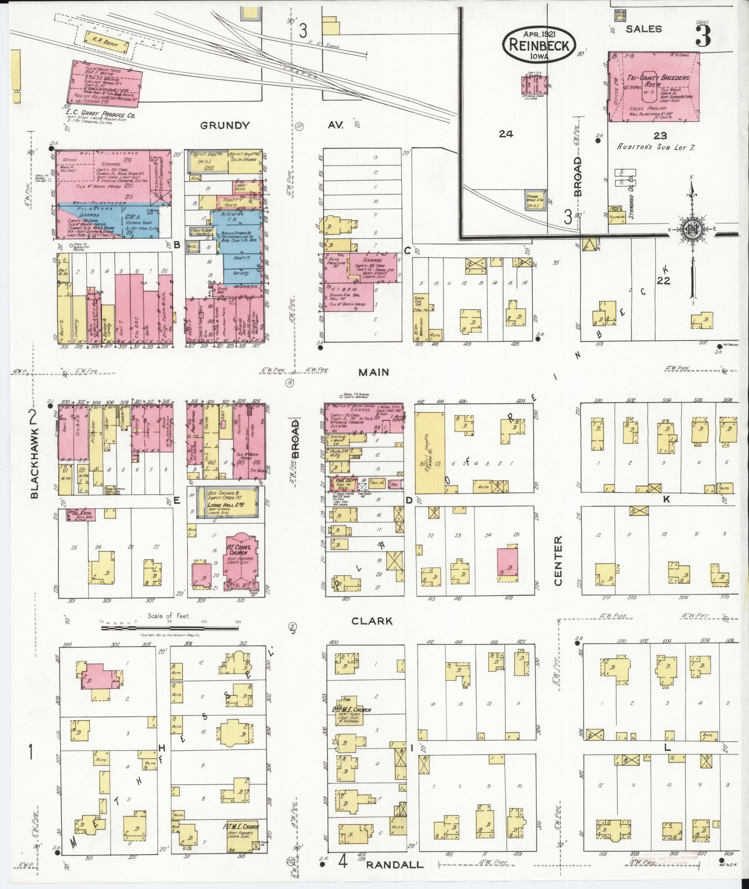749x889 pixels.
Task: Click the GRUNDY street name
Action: (x=225, y=125)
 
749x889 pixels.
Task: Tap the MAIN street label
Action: (x=373, y=372)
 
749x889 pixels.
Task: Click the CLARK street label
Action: (x=378, y=621)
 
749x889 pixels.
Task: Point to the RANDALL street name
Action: (x=395, y=865)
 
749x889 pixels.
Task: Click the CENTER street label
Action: (x=558, y=561)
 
